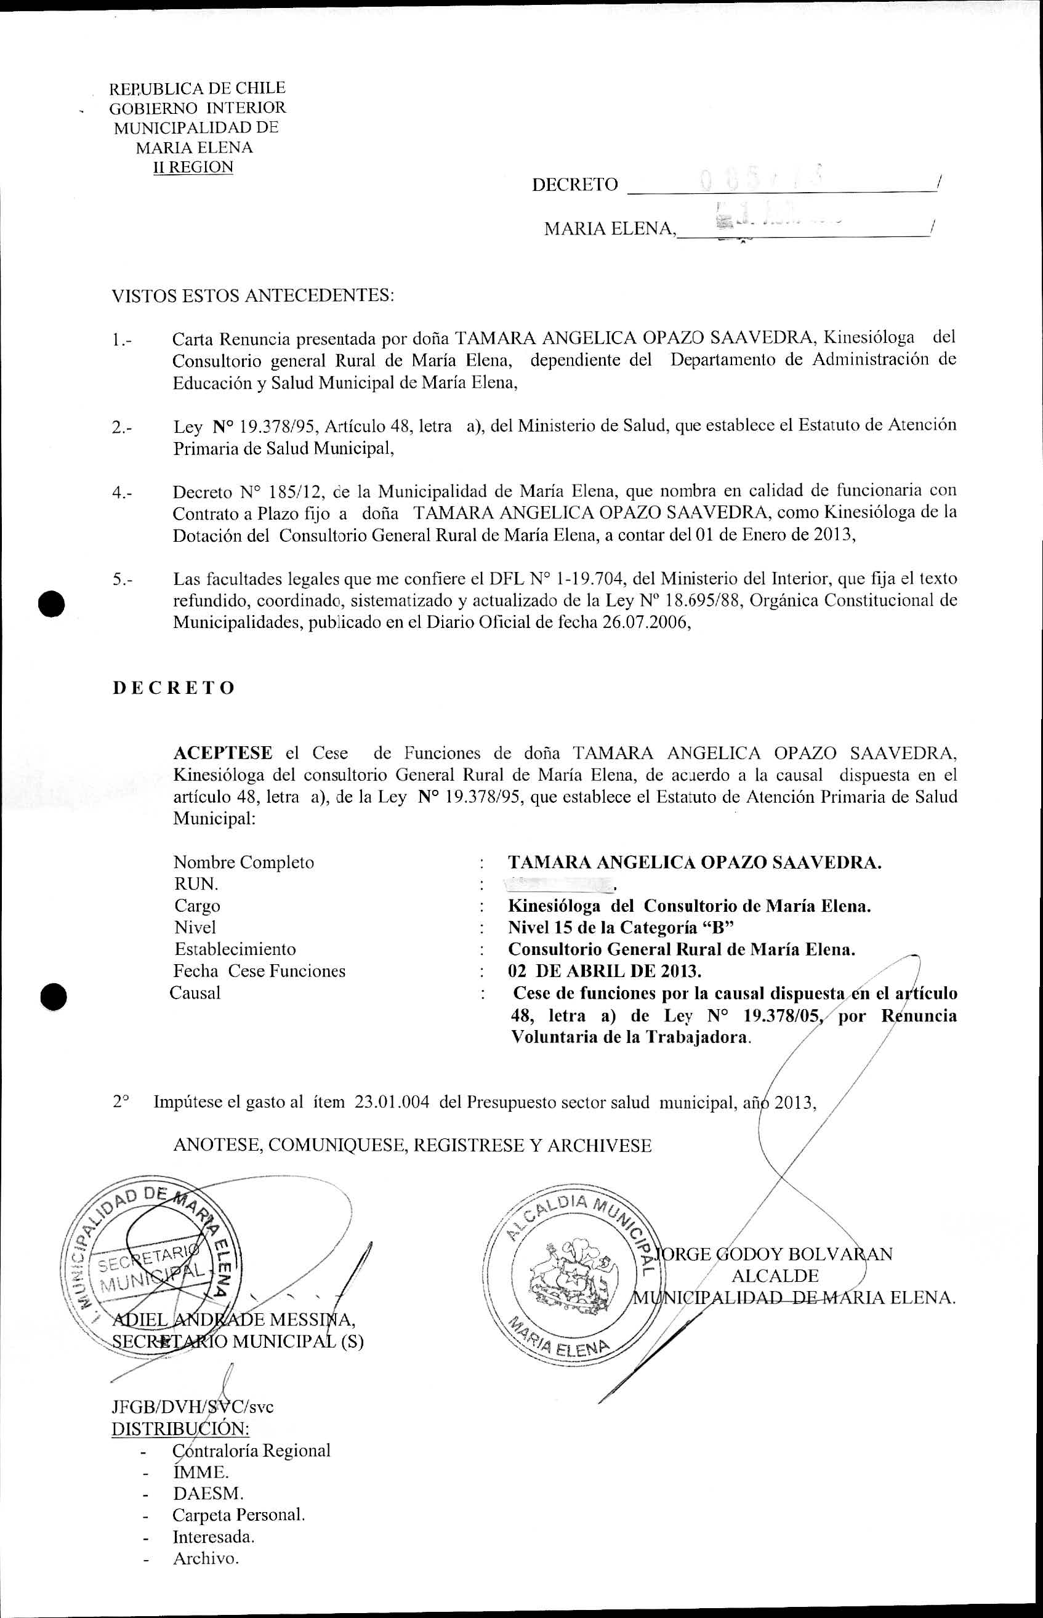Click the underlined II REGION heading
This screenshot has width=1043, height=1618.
[194, 167]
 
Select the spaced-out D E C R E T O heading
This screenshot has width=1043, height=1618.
[174, 688]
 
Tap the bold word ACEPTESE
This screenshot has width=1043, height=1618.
[223, 752]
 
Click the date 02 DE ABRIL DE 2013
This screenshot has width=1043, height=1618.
[605, 970]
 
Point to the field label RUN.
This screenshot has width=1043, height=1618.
[196, 884]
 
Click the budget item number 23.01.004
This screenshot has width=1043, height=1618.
[392, 1102]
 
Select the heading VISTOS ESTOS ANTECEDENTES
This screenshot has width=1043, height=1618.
[252, 296]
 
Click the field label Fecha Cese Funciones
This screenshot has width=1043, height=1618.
[259, 970]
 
